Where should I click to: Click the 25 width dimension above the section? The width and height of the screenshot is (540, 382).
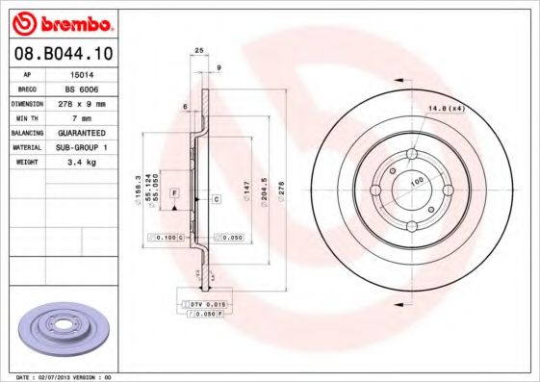(199, 49)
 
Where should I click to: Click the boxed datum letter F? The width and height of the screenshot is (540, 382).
(174, 193)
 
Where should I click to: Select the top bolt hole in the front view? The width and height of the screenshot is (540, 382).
(411, 154)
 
